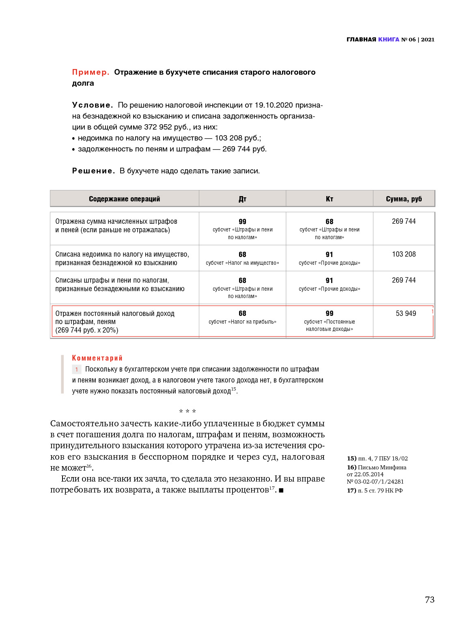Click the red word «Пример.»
[91, 72]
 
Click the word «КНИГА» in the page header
[388, 39]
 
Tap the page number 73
[429, 600]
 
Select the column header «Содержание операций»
[124, 199]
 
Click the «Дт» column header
[242, 199]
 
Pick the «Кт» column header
[329, 199]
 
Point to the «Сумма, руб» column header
[403, 199]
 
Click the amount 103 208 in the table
[403, 254]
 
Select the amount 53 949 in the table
[405, 313]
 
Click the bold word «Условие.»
[93, 105]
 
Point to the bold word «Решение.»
[93, 171]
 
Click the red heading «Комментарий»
[97, 358]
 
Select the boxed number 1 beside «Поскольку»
[76, 369]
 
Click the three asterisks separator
[188, 412]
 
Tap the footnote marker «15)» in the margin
[351, 458]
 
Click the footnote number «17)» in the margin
[351, 490]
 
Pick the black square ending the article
[281, 490]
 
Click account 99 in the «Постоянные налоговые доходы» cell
[329, 313]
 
